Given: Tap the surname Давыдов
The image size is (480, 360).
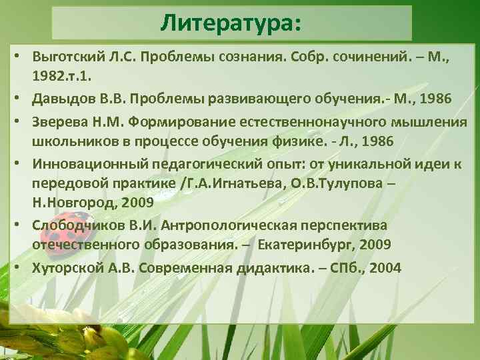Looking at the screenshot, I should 60,99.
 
